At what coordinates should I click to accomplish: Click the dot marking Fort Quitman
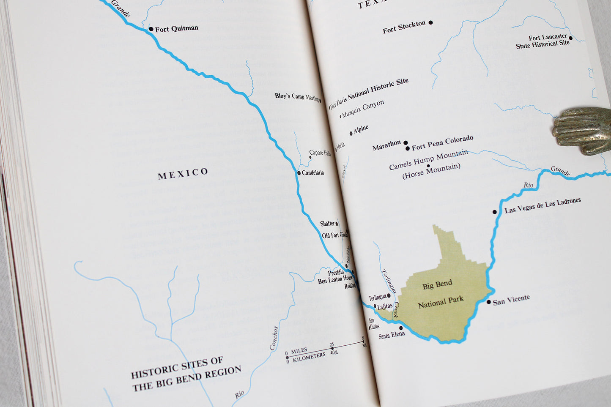click(x=151, y=29)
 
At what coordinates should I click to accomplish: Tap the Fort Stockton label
click(x=404, y=27)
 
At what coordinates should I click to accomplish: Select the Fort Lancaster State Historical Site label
click(x=543, y=41)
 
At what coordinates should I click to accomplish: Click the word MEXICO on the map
click(x=183, y=173)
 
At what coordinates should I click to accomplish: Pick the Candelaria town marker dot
click(x=299, y=173)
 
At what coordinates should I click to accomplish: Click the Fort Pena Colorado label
click(x=442, y=143)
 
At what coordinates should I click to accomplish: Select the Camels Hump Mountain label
click(x=428, y=160)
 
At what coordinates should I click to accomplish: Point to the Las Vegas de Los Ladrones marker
click(x=495, y=212)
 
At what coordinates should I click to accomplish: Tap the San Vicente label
click(x=511, y=300)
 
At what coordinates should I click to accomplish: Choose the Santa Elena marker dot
click(x=401, y=328)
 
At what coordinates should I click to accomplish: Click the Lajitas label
click(x=385, y=306)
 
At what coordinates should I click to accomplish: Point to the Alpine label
click(x=361, y=129)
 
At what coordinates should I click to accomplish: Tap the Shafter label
click(x=327, y=224)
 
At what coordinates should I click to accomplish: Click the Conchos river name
click(x=274, y=338)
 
